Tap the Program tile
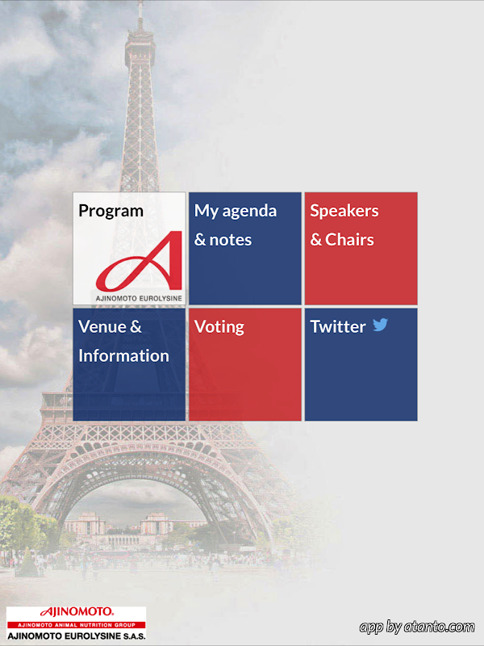[129, 249]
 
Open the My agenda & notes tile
[245, 249]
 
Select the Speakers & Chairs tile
[361, 249]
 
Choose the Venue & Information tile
[129, 365]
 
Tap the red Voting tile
[245, 365]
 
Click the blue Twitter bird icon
[380, 325]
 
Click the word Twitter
[338, 327]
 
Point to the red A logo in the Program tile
[139, 261]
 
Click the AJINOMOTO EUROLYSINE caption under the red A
[139, 298]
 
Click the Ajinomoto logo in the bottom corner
[76, 623]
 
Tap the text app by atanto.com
[417, 627]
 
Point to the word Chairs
[349, 240]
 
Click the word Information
[123, 356]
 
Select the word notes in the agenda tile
[231, 240]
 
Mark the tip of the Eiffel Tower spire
[140, 2]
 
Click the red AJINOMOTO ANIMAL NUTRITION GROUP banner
[76, 625]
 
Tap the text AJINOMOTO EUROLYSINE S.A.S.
[76, 636]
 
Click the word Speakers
[344, 211]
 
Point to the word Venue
[102, 327]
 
